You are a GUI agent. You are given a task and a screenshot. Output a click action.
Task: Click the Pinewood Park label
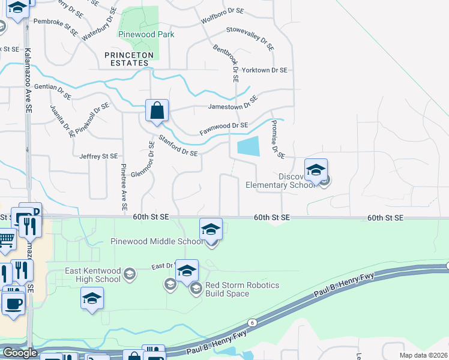(x=146, y=34)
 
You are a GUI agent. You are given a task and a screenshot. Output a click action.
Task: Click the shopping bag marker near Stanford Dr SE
(x=157, y=111)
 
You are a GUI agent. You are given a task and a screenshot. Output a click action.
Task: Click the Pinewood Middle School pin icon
(x=211, y=229)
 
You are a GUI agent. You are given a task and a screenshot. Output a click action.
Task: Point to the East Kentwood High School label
(x=92, y=275)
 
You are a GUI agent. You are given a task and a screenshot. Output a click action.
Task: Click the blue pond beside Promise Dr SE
(x=249, y=146)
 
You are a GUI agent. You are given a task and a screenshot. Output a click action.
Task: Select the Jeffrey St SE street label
(x=98, y=156)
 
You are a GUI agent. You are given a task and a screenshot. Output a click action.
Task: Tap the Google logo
(x=20, y=353)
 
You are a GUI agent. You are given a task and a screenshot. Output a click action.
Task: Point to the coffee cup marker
(x=13, y=302)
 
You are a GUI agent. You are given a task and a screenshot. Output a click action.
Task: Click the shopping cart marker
(x=5, y=239)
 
